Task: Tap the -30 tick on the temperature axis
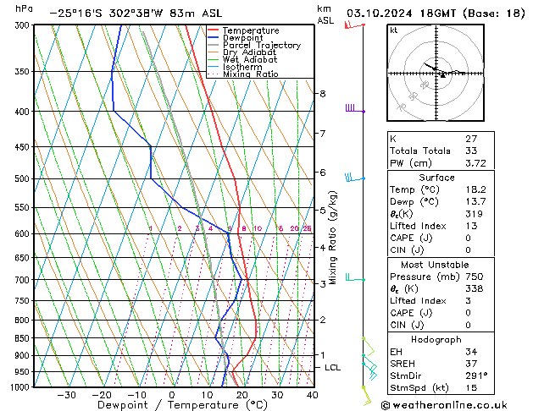[x=66, y=394]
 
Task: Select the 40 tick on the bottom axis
[x=312, y=394]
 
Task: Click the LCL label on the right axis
[x=332, y=368]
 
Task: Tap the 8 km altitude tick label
[x=322, y=93]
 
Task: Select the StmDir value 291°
[x=475, y=375]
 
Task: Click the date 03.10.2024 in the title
[x=381, y=14]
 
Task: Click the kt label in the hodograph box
[x=393, y=30]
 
